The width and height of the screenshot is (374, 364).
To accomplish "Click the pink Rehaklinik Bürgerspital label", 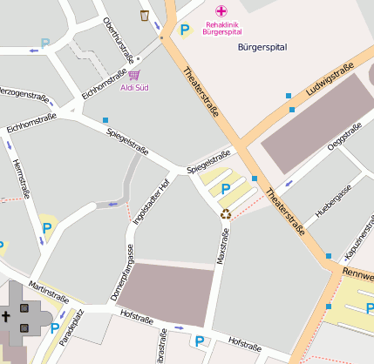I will [221, 28].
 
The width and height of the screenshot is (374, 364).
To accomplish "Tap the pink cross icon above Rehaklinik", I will [221, 10].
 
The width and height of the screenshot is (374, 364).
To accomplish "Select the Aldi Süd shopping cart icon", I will [133, 76].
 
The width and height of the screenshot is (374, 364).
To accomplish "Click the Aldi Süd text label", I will [133, 88].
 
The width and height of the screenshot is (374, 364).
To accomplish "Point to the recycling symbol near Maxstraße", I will [226, 213].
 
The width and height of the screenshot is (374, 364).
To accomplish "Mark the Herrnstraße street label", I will [20, 179].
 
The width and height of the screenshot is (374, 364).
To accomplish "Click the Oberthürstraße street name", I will [119, 38].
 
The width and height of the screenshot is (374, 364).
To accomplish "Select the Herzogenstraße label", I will [23, 92].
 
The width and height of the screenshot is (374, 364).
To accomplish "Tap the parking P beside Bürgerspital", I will [184, 30].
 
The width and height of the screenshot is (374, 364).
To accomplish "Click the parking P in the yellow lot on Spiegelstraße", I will [226, 188].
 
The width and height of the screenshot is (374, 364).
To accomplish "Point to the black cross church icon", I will [6, 314].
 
